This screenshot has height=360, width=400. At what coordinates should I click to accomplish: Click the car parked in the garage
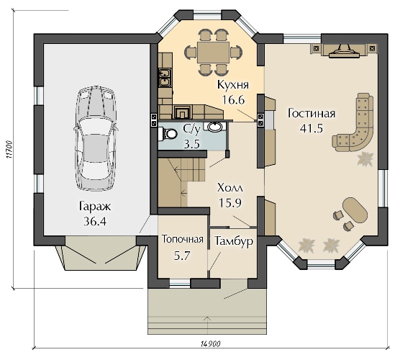(96, 139)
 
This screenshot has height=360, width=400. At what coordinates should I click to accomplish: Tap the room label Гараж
(95, 207)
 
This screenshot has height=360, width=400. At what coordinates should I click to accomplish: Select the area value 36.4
(95, 222)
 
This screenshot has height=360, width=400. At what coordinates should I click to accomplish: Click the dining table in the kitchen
(213, 53)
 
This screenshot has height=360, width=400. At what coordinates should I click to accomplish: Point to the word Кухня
(233, 85)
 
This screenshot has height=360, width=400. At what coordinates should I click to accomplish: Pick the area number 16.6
(233, 99)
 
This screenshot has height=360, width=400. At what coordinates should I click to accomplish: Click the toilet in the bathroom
(168, 133)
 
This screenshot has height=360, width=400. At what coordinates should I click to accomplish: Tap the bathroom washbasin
(215, 127)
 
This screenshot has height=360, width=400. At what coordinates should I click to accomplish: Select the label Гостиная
(312, 114)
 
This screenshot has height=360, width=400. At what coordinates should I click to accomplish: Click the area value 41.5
(312, 128)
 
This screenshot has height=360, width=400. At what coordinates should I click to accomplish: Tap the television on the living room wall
(344, 52)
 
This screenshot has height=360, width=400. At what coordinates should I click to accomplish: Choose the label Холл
(230, 188)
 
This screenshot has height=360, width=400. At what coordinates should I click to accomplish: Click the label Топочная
(183, 240)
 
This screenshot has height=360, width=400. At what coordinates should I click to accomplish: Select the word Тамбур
(234, 241)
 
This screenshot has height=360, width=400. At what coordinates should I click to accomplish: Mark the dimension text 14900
(211, 344)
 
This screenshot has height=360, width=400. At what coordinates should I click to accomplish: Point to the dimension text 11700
(9, 149)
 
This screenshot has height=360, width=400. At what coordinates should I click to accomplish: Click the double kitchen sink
(165, 77)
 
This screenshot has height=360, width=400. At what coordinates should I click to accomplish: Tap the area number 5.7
(183, 256)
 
